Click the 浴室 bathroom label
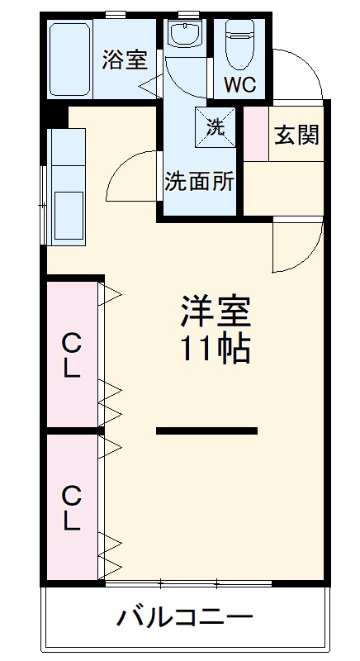pyautogui.click(x=125, y=59)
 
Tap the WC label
pyautogui.click(x=240, y=84)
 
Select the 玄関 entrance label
pyautogui.click(x=296, y=135)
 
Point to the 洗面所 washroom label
pyautogui.click(x=200, y=181)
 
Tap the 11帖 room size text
pyautogui.click(x=215, y=350)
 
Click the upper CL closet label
pyautogui.click(x=72, y=354)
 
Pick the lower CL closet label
pyautogui.click(x=72, y=508)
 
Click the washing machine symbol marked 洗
pyautogui.click(x=216, y=127)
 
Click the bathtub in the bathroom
pyautogui.click(x=69, y=59)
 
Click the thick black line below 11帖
pyautogui.click(x=206, y=430)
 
